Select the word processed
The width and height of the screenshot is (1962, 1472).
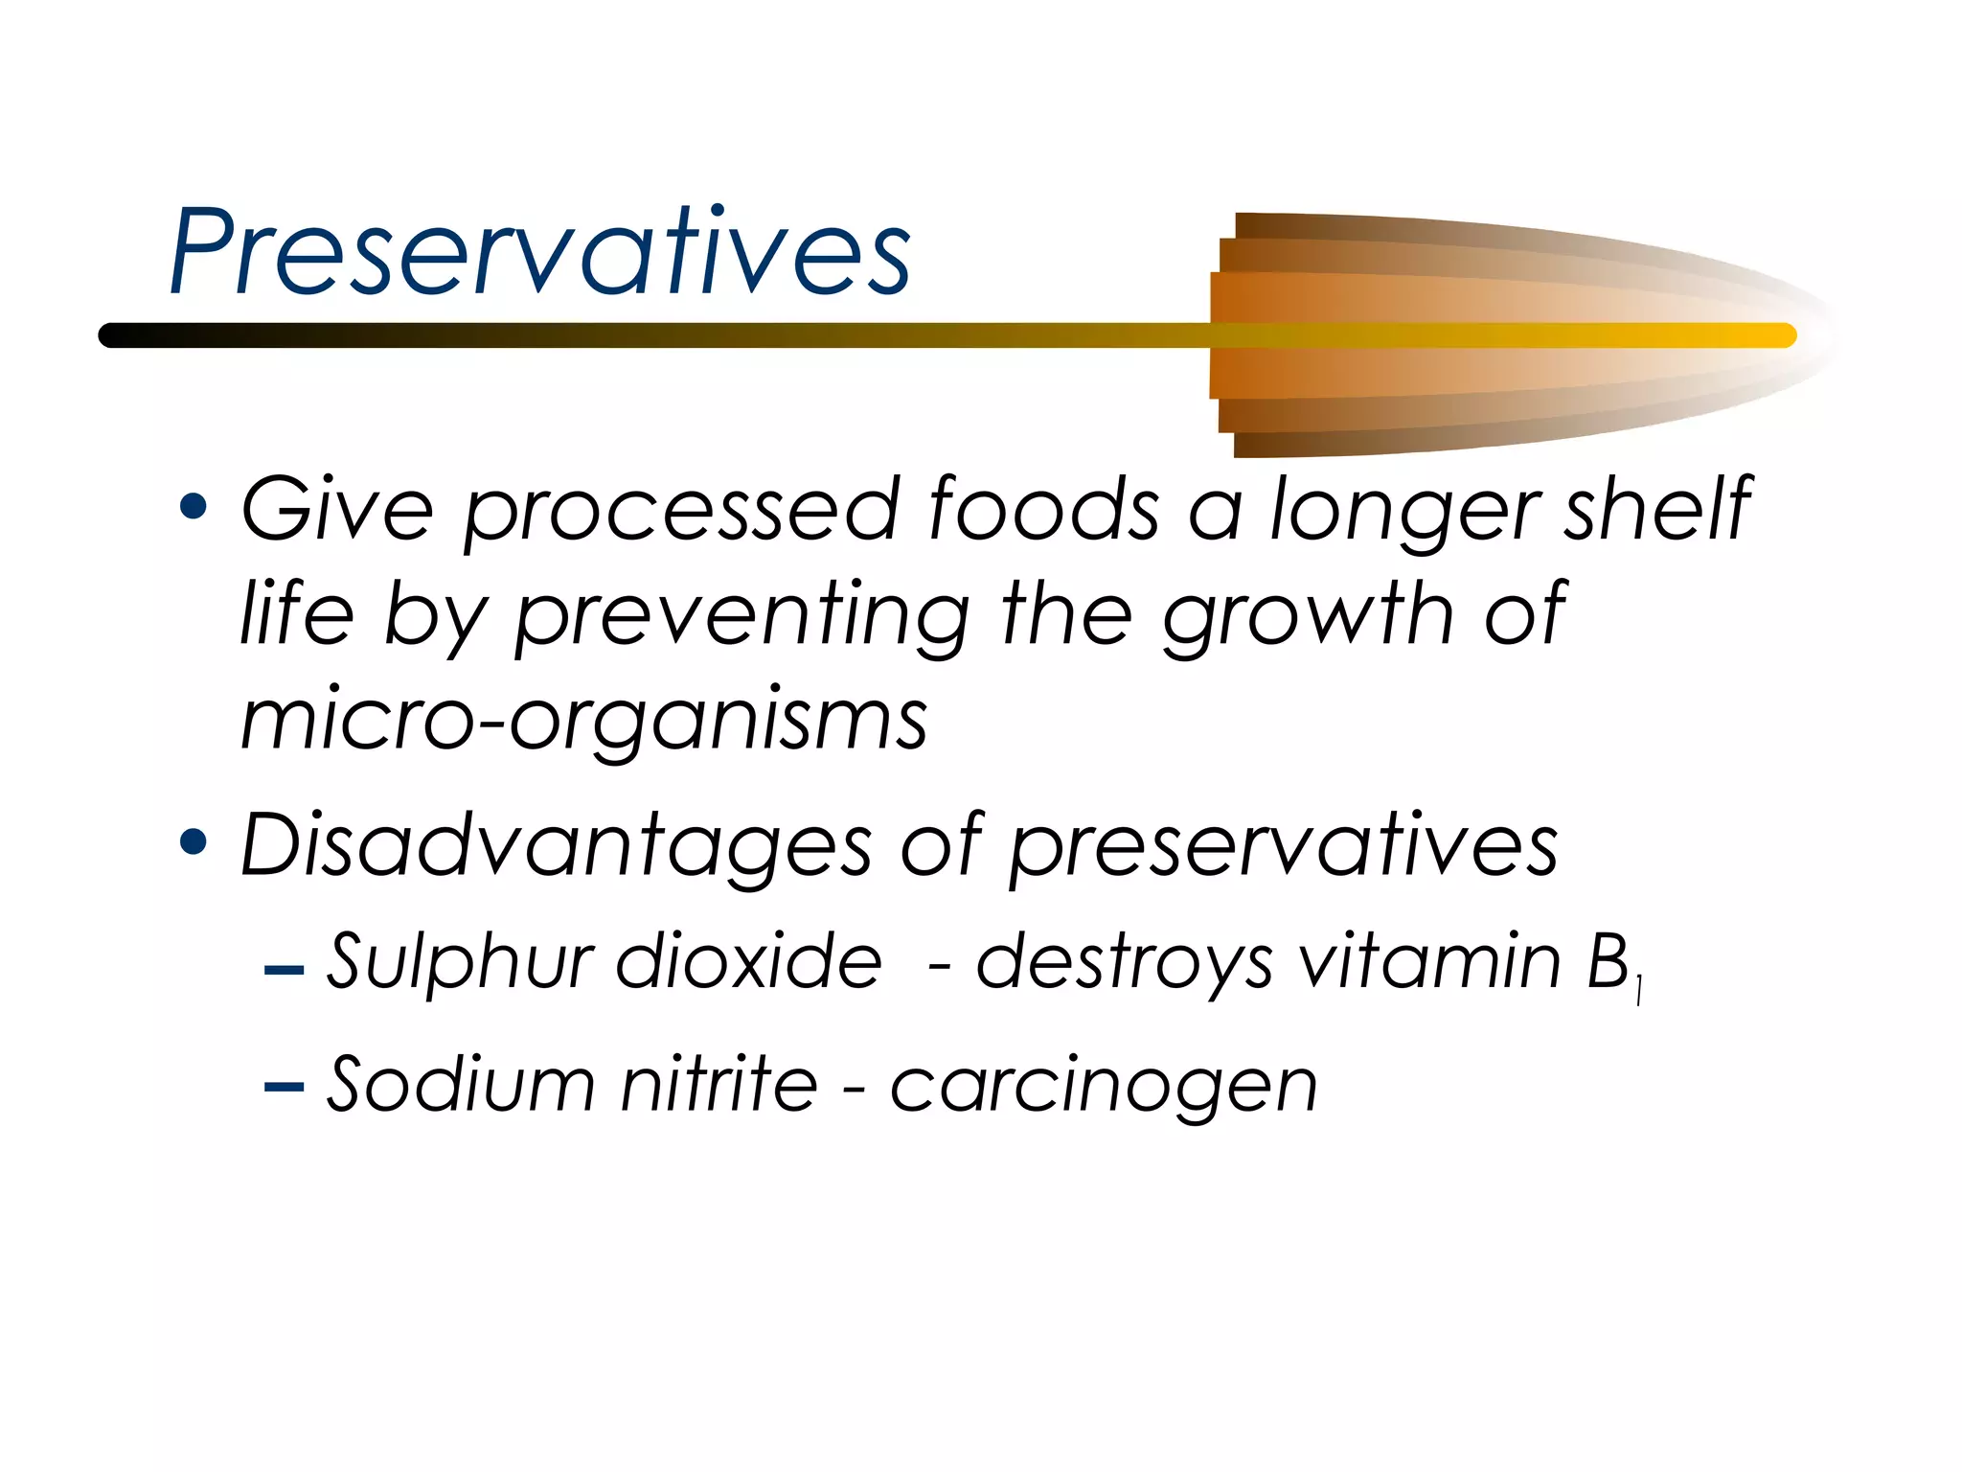(681, 512)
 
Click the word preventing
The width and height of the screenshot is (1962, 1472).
(742, 616)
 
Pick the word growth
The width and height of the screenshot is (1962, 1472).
(1309, 616)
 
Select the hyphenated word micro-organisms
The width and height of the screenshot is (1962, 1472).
(583, 721)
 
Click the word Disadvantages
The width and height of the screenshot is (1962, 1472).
(556, 845)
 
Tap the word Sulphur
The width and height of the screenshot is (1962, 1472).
(461, 961)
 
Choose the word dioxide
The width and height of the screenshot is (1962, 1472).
(748, 960)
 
